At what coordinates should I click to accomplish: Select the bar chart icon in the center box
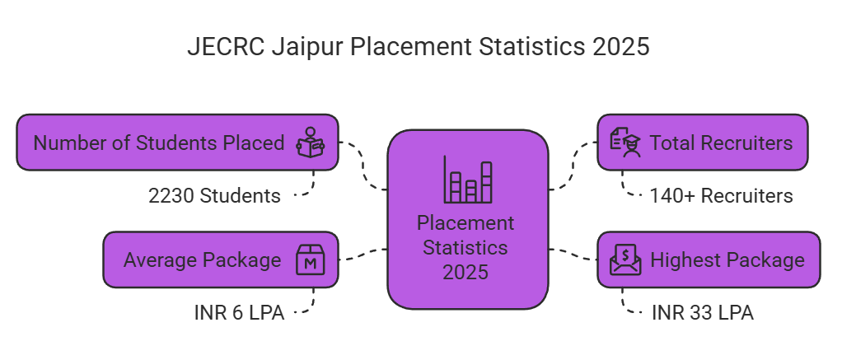468,180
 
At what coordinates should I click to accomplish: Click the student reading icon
311,143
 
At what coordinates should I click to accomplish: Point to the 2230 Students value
214,196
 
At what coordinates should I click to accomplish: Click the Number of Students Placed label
158,143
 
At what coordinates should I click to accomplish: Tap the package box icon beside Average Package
311,260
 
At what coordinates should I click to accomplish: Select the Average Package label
202,260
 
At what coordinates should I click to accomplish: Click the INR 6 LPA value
239,313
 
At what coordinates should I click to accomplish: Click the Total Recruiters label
721,143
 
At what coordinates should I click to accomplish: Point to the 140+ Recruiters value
721,196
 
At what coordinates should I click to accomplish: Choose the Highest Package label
727,260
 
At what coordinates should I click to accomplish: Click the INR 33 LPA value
702,313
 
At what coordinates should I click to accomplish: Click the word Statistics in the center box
468,247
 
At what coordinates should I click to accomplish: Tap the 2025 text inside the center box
466,271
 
